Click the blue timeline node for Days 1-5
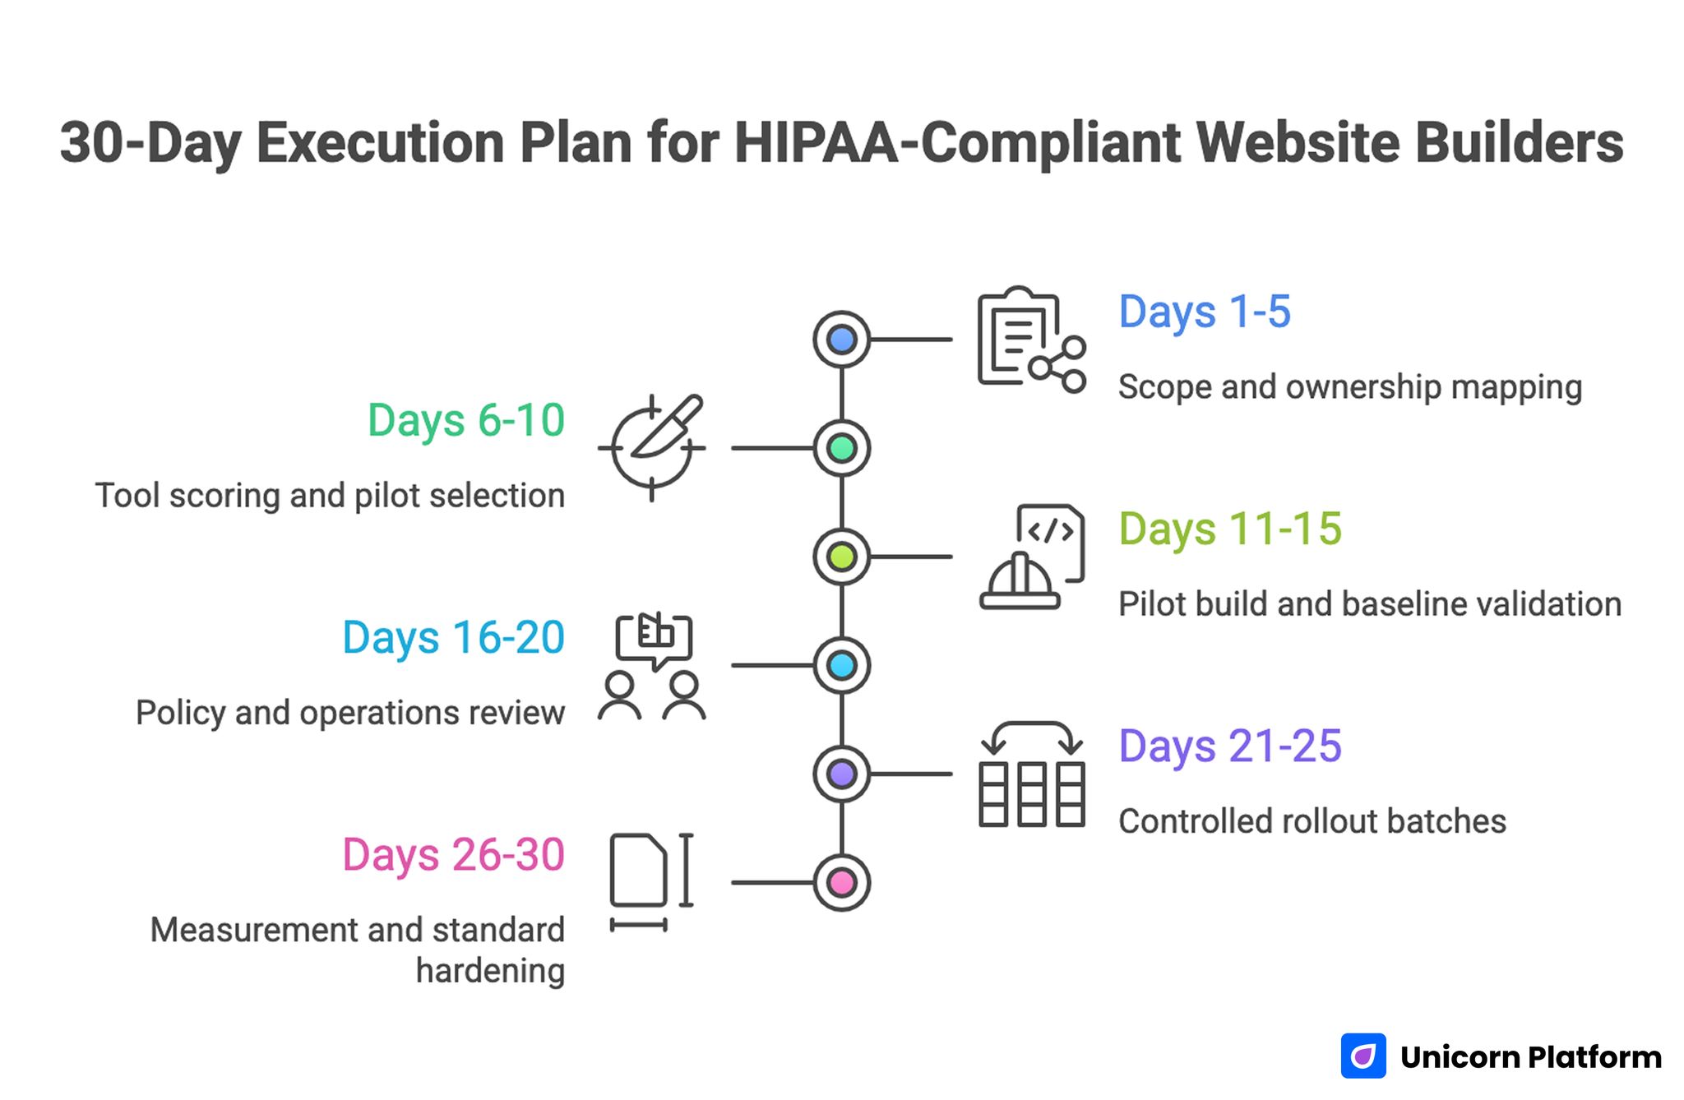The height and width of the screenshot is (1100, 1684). (x=841, y=340)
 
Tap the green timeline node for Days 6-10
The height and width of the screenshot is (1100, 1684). (x=841, y=448)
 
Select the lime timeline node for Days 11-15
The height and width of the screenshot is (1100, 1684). (x=841, y=557)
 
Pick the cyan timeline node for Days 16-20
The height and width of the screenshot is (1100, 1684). (x=841, y=665)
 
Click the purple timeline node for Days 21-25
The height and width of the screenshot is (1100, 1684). (x=841, y=774)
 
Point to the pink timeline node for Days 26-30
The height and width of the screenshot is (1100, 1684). (x=841, y=883)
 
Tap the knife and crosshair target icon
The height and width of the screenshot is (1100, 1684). (x=652, y=447)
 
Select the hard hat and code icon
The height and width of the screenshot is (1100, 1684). (x=1031, y=557)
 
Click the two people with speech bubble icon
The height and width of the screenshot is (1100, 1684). (x=652, y=667)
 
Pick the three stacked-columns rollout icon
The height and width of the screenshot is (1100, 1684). (x=1031, y=774)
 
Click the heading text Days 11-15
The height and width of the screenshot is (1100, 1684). (x=1229, y=529)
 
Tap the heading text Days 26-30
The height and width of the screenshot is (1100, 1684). (x=453, y=855)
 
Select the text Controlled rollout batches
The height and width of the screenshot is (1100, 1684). (x=1312, y=821)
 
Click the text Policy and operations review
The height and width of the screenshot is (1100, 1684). (x=350, y=713)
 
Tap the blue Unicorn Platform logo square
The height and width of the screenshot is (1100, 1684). (x=1362, y=1056)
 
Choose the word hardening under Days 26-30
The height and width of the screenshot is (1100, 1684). (x=490, y=971)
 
